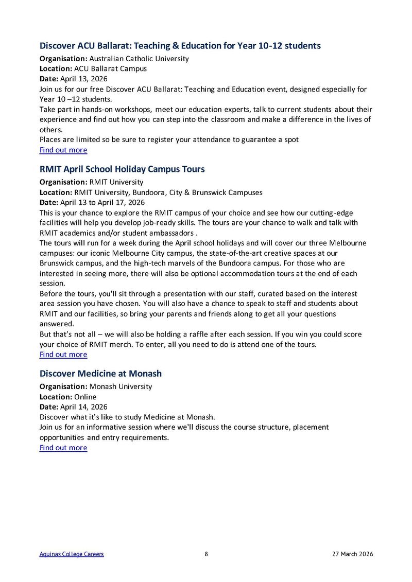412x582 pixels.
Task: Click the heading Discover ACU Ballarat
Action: coord(180,46)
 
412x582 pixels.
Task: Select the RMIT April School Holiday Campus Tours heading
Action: coord(122,169)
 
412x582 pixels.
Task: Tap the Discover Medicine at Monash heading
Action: coord(100,373)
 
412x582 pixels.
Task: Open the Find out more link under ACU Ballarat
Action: coord(63,150)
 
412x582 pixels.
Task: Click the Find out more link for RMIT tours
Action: coord(63,354)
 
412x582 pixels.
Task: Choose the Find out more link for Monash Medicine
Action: coord(63,447)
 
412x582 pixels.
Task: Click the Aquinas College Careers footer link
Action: coord(72,554)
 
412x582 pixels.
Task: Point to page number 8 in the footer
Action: coord(206,554)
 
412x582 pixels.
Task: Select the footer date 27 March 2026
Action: coord(352,554)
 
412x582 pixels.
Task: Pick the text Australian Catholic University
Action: coord(139,59)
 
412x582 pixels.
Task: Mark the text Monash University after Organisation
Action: coord(121,386)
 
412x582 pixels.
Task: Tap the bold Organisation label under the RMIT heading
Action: coord(63,182)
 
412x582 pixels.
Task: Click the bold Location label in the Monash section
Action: coord(56,397)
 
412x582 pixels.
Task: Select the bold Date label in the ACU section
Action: coord(49,79)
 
